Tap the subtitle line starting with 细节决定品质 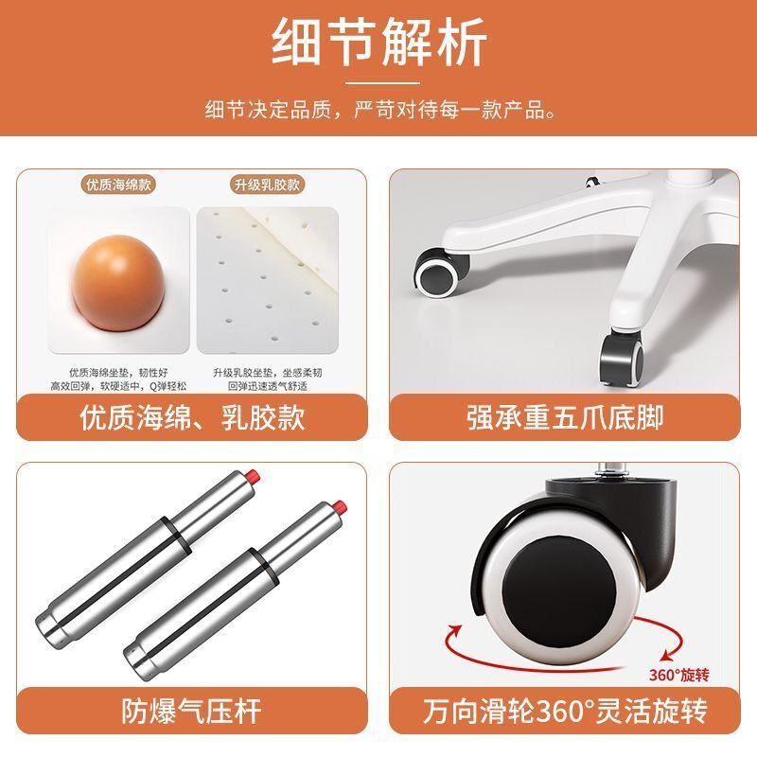pos(380,110)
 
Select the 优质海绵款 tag pos(118,185)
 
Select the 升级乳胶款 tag pos(267,185)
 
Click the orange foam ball pos(118,283)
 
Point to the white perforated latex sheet pos(268,280)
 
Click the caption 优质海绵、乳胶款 pos(192,417)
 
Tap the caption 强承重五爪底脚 pos(565,417)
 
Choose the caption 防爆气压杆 pos(192,711)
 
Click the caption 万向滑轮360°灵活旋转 pos(565,711)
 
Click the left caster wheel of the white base pos(440,272)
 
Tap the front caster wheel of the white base pos(622,357)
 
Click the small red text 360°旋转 pos(678,675)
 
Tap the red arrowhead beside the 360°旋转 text pos(667,654)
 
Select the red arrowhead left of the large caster pos(454,629)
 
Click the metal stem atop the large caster pos(611,470)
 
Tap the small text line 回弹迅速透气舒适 pos(268,386)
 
